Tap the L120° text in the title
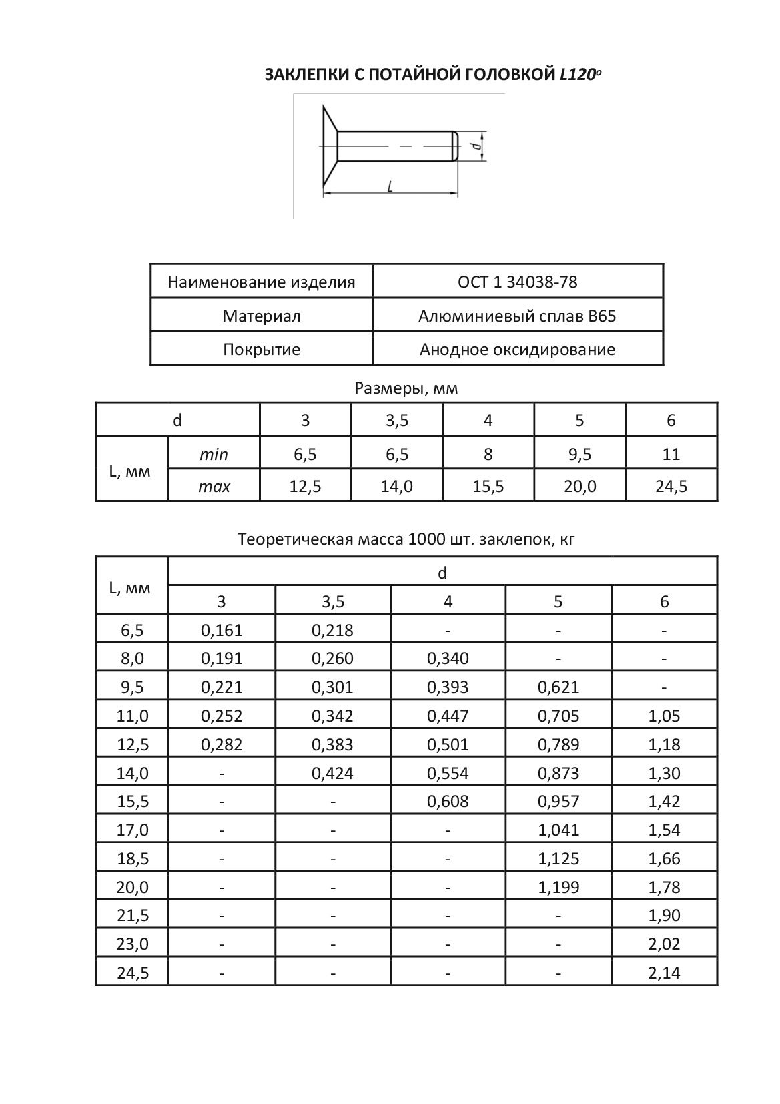coord(580,74)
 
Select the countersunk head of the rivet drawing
coord(329,146)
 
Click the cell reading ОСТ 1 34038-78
coord(517,282)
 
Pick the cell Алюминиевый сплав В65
coord(517,316)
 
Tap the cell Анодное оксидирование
coord(517,349)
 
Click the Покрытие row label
coord(262,349)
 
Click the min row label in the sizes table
coord(214,455)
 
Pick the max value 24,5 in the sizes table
coord(671,487)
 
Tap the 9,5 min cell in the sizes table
coord(579,455)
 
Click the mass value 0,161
coord(222,630)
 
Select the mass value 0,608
coord(448,801)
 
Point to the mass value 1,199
coord(558,887)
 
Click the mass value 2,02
coord(664,944)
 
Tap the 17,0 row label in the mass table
coord(132,830)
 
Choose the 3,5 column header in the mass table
coord(333,601)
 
